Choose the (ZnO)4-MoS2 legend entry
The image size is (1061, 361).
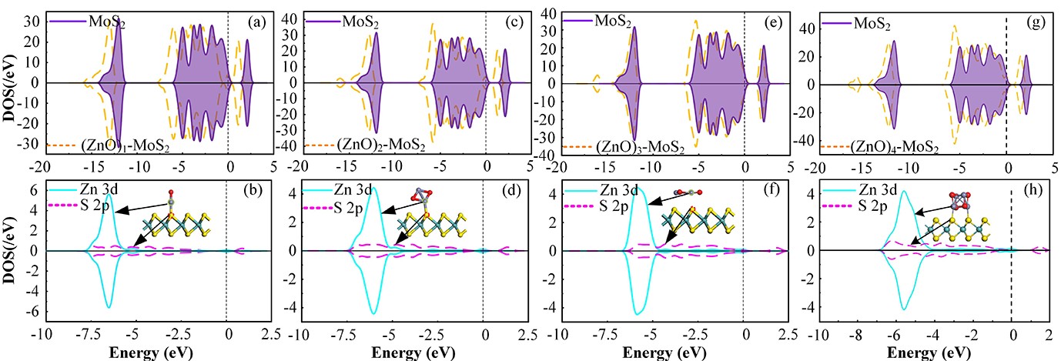887,146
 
